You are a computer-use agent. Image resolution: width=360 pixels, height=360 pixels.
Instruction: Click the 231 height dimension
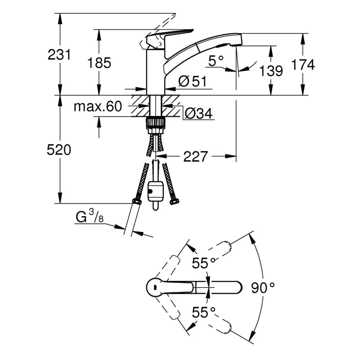click(59, 55)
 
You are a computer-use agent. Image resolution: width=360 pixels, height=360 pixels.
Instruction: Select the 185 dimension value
click(99, 63)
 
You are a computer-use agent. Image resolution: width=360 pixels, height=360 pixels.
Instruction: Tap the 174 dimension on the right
click(303, 65)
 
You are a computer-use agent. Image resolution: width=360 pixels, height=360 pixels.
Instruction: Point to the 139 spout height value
click(271, 71)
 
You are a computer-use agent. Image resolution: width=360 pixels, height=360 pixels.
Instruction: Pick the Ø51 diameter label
click(192, 81)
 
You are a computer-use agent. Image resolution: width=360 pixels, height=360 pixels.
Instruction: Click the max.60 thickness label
click(98, 107)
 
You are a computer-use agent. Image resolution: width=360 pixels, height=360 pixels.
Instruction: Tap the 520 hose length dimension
click(59, 150)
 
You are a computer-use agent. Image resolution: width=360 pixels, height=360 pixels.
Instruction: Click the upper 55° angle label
click(204, 263)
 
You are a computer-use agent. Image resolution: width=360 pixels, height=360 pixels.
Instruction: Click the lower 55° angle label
click(204, 312)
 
